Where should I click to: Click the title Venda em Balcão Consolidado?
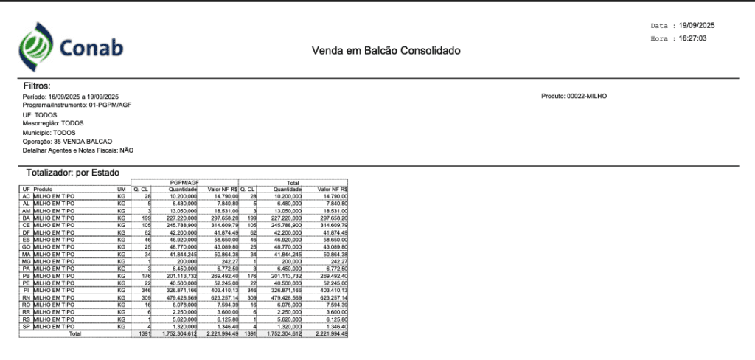click(x=386, y=51)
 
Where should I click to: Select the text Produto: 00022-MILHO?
click(x=574, y=96)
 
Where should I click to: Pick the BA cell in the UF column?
click(x=27, y=218)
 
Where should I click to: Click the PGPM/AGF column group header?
click(x=186, y=182)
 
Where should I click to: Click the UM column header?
click(x=121, y=190)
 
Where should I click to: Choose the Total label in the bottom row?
click(x=74, y=333)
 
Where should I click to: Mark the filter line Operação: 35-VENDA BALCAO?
click(x=68, y=141)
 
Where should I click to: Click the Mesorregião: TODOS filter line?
click(x=54, y=123)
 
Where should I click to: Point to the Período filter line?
click(x=71, y=97)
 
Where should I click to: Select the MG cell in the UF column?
click(x=27, y=261)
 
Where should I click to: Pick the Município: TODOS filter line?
click(x=49, y=132)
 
